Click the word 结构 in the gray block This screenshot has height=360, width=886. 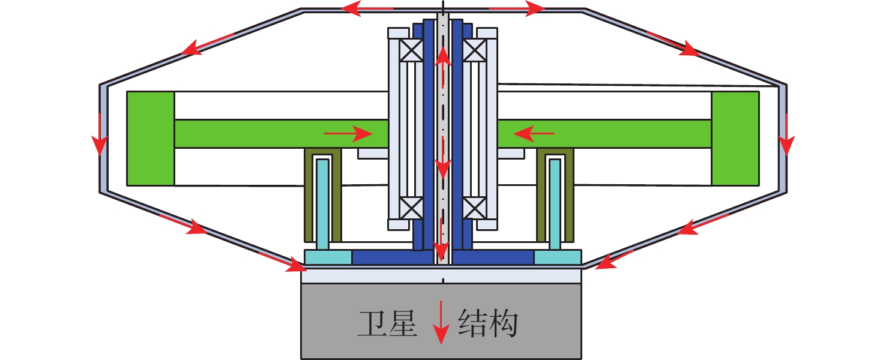tap(487, 323)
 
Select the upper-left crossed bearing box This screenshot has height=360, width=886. tap(412, 50)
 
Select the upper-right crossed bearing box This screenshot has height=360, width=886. tap(474, 50)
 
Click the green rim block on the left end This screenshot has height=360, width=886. tap(151, 138)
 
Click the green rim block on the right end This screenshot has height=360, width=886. tap(735, 138)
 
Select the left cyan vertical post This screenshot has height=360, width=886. tap(322, 204)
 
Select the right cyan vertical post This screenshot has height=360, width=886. tap(555, 204)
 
